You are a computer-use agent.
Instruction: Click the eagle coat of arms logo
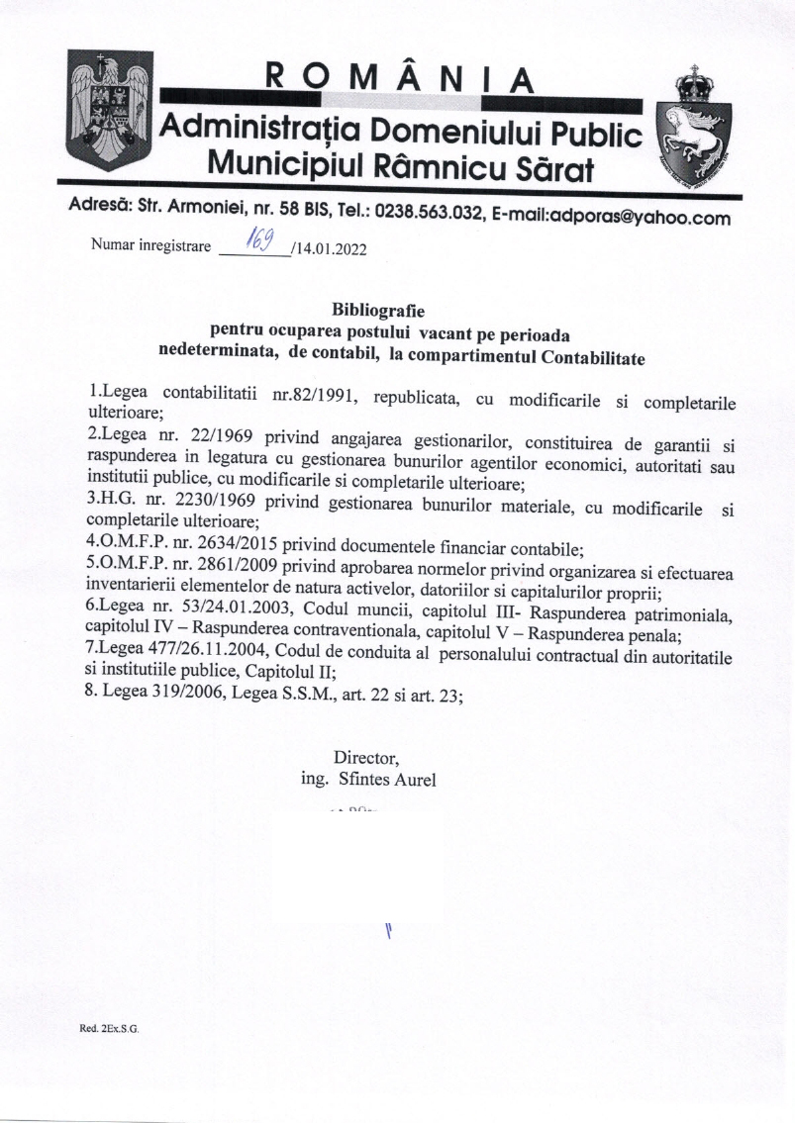coord(110,111)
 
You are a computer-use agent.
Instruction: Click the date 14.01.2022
coord(332,249)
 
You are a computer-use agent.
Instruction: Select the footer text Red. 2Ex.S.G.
coord(109,1030)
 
